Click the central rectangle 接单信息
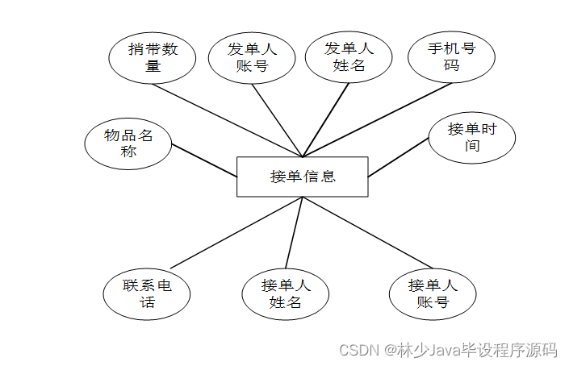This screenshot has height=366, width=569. pos(302,177)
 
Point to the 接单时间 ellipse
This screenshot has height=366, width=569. pos(472,138)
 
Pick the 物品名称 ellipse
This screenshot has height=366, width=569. pos(128,143)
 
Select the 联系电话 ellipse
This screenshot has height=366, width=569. pos(147,295)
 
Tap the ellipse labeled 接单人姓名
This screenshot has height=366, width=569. pos(285,294)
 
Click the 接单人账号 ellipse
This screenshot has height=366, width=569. pos(433,294)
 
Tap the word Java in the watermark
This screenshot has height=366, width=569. pos(442,351)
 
